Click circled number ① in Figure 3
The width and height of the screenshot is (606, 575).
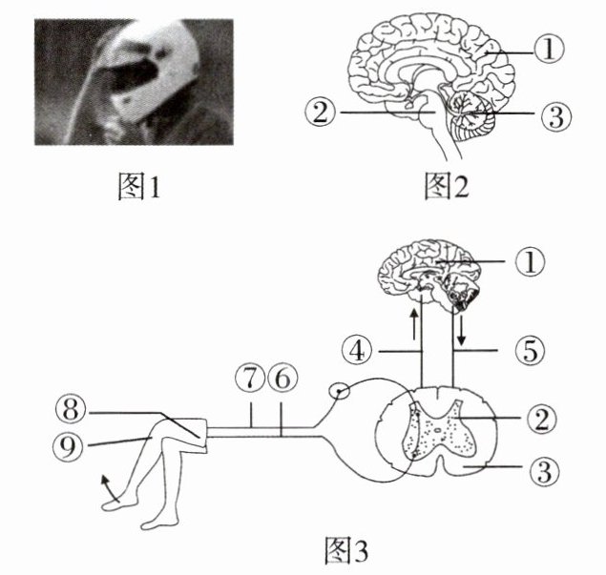point(533,260)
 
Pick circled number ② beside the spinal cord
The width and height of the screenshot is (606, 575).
point(543,417)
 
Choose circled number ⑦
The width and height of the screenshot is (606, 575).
point(250,378)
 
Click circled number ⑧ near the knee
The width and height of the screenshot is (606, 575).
point(71,411)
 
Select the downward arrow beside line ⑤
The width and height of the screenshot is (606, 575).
point(463,329)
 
